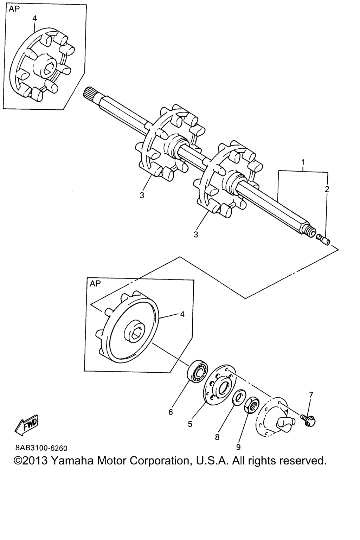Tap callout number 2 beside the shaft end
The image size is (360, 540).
point(327,189)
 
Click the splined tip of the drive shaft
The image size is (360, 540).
point(89,93)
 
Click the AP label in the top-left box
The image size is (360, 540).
point(14,9)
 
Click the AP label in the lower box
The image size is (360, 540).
point(95,283)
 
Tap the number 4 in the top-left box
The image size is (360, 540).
point(35,19)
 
